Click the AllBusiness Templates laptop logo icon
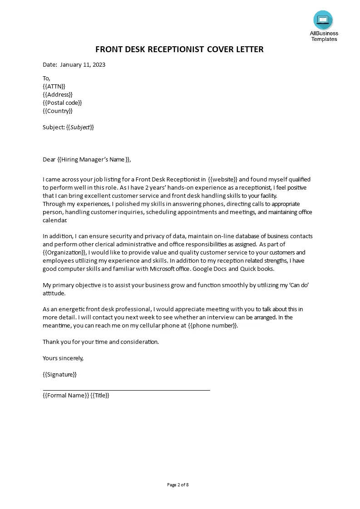pos(323,20)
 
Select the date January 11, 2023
pos(83,64)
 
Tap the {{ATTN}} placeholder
pos(54,86)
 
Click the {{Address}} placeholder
pos(58,94)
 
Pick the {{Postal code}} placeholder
pos(62,103)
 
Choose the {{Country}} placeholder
pos(58,111)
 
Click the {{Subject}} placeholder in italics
pos(80,127)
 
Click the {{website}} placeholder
pos(222,179)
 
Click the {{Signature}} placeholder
pos(59,374)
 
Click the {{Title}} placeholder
pos(100,395)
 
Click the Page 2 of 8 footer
pos(178,485)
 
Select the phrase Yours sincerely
pos(63,358)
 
